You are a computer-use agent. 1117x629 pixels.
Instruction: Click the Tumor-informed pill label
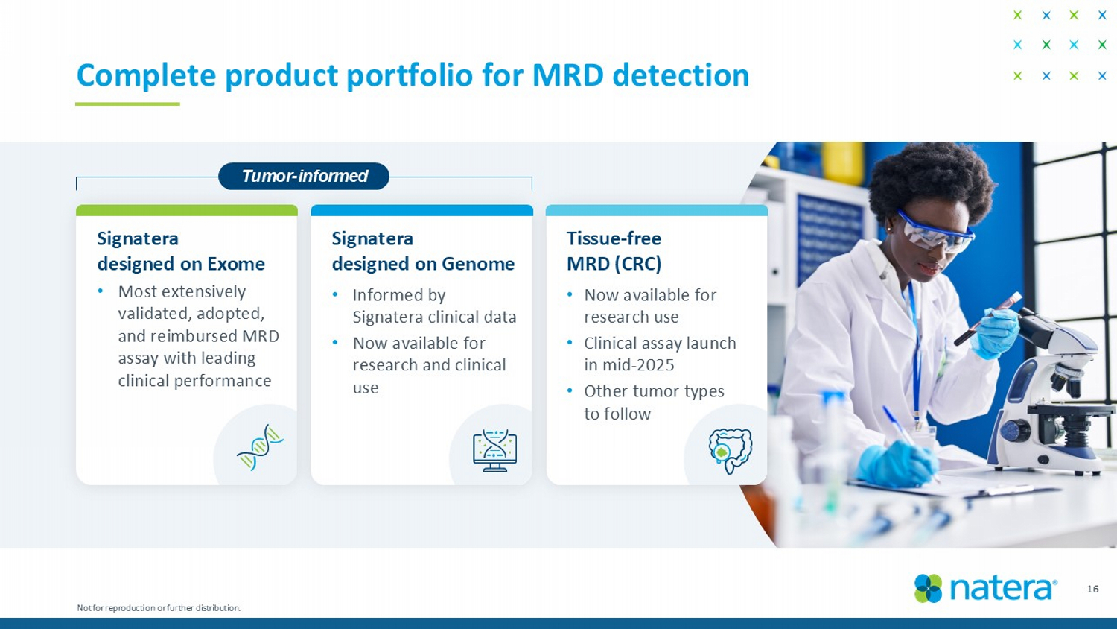[304, 176]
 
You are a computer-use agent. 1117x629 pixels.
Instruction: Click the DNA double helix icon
[260, 448]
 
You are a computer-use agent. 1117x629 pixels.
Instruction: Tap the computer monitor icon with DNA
[494, 450]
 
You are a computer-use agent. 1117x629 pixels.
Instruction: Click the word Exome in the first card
[236, 264]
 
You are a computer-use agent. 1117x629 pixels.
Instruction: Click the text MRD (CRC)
[614, 264]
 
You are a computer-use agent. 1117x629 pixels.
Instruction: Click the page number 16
[1092, 589]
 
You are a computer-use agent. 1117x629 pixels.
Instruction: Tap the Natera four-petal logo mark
[928, 589]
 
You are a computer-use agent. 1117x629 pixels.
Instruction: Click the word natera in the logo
[1002, 589]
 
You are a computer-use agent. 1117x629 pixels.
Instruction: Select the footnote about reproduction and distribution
[159, 607]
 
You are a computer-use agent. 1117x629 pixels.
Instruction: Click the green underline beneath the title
[127, 104]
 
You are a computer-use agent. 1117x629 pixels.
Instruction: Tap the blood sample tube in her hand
[987, 318]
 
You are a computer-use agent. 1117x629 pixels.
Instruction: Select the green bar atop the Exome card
[186, 210]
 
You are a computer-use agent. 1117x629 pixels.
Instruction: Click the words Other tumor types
[654, 391]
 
